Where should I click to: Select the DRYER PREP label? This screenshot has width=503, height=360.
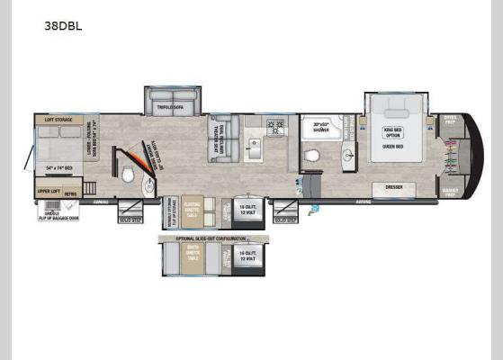tap(449, 120)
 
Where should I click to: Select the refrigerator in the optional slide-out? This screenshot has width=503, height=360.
tap(248, 256)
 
